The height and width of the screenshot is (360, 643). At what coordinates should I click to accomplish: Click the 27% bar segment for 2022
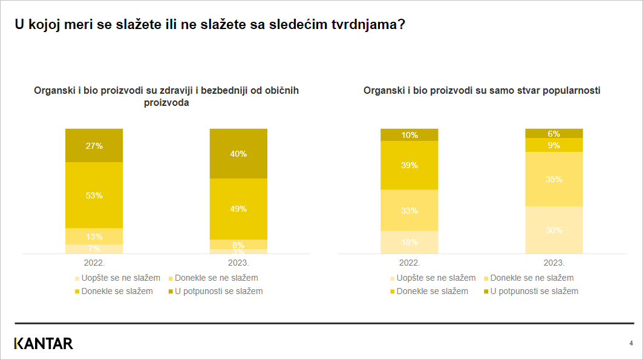[x=94, y=146]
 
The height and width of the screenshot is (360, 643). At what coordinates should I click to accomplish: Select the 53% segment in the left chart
[x=94, y=195]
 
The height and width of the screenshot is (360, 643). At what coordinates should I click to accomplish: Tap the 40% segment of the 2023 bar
[x=238, y=154]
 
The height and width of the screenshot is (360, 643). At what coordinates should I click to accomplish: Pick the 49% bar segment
[x=238, y=209]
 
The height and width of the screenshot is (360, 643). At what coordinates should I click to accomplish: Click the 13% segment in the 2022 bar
[x=94, y=236]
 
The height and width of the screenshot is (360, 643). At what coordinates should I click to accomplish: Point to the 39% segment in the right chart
[x=410, y=165]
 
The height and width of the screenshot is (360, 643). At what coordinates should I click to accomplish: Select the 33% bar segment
[x=410, y=211]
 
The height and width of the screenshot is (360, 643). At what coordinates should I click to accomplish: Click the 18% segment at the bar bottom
[x=410, y=242]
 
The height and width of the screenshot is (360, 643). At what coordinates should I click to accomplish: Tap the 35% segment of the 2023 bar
[x=553, y=179]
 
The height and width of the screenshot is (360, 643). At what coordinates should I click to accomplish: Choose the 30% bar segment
[x=553, y=230]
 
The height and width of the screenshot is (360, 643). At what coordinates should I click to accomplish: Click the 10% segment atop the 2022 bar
[x=410, y=135]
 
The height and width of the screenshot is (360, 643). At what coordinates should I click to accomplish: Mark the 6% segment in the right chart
[x=553, y=134]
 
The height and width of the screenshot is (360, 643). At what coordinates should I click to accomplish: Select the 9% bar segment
[x=553, y=145]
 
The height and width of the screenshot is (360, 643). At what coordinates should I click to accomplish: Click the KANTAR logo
[x=44, y=344]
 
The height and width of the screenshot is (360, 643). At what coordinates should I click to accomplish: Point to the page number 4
[x=631, y=343]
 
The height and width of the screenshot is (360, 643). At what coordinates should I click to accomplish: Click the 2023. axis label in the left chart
[x=238, y=263]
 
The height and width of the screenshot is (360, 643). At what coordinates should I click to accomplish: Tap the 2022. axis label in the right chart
[x=410, y=263]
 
